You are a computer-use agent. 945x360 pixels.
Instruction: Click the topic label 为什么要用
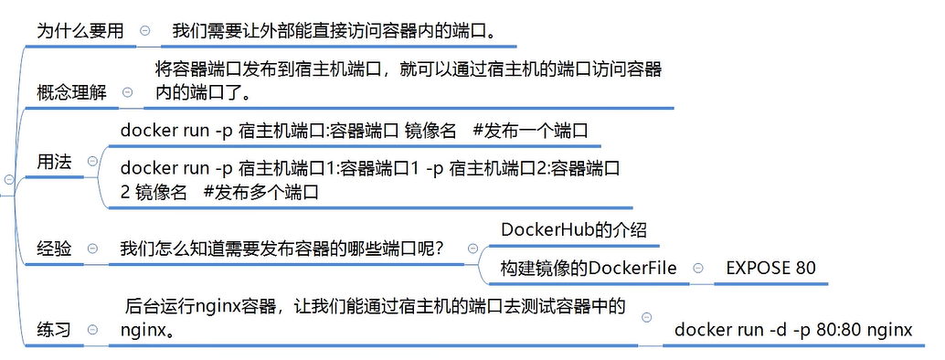[x=80, y=30]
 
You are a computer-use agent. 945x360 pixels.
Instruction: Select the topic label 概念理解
[x=71, y=91]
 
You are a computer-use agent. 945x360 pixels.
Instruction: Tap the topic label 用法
[x=54, y=161]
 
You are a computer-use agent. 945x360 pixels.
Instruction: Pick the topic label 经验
[x=54, y=249]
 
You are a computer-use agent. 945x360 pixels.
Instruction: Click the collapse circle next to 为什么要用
[x=145, y=30]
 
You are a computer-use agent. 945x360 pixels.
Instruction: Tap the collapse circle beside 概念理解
[x=127, y=91]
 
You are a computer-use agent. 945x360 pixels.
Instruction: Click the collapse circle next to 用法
[x=90, y=161]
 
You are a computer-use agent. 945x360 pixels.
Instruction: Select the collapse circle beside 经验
[x=90, y=249]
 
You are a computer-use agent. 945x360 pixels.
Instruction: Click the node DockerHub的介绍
[x=574, y=229]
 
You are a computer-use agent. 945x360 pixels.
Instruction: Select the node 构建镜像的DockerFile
[x=589, y=268]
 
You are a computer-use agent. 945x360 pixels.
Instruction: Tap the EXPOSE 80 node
[x=770, y=268]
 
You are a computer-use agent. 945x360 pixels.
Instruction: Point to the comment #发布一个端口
[x=530, y=131]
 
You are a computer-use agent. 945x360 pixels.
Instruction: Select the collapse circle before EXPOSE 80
[x=698, y=268]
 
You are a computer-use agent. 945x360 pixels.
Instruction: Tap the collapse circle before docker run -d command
[x=647, y=316]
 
